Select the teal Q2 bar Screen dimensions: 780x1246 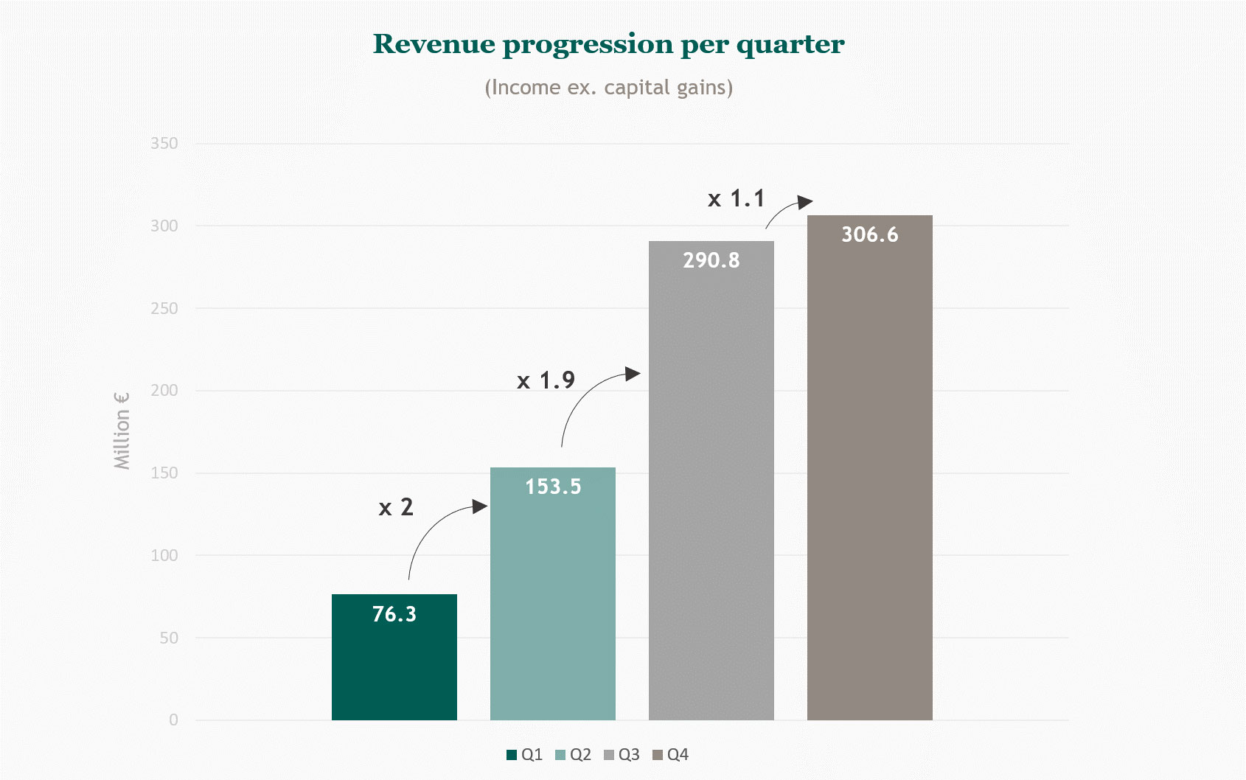(552, 605)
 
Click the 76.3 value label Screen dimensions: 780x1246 (394, 614)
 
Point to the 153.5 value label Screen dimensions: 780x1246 (552, 487)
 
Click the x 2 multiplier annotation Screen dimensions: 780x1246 (396, 507)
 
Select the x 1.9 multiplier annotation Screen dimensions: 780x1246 (546, 380)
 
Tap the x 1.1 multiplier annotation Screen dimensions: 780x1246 (736, 199)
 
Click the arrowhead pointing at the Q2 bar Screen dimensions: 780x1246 (480, 506)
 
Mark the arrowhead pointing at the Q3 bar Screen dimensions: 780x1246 (633, 374)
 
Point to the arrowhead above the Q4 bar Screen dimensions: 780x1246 (805, 201)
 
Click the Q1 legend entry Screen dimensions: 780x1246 (524, 754)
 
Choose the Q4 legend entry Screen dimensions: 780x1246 (670, 754)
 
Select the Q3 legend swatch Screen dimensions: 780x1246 (609, 755)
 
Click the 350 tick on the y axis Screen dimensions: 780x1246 (164, 144)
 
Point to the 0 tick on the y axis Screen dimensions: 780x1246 (173, 720)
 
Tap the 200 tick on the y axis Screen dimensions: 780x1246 (164, 391)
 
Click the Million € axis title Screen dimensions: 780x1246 (122, 431)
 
